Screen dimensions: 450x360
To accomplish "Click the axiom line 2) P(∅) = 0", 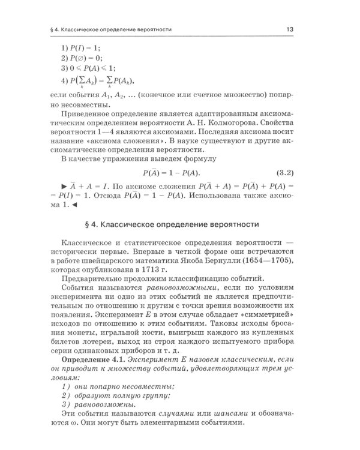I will (x=82, y=58).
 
